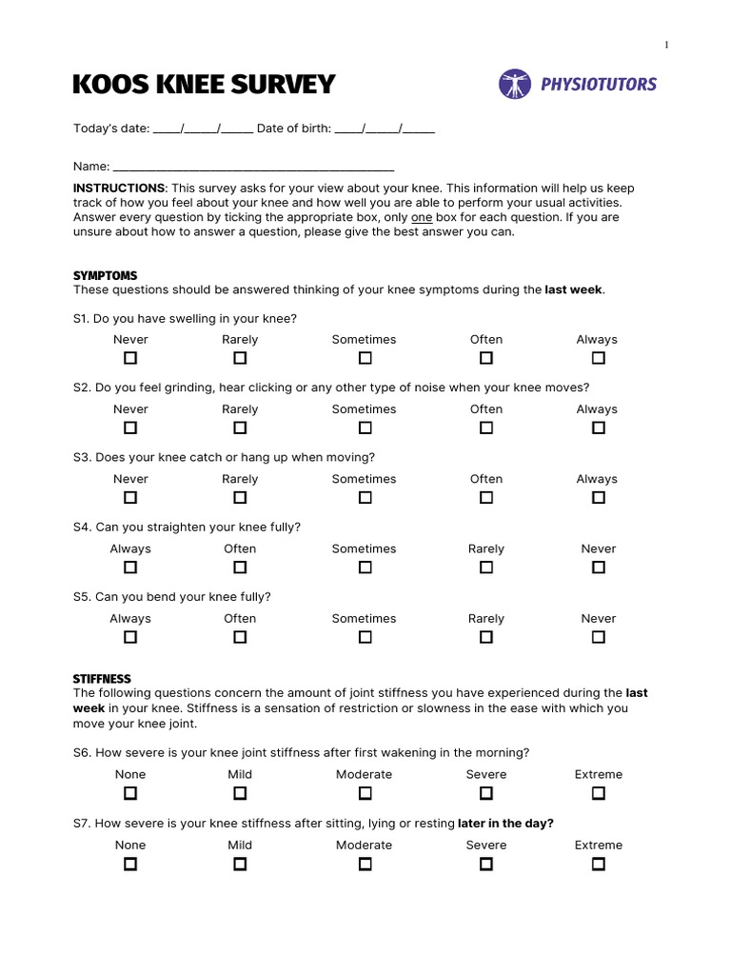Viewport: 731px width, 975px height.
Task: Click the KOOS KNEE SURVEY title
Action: pos(204,85)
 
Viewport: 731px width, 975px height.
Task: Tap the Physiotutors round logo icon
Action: pos(514,84)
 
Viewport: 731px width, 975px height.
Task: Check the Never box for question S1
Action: pos(130,358)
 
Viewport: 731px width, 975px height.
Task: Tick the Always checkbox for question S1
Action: pos(598,358)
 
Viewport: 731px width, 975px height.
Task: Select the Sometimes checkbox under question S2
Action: pos(365,428)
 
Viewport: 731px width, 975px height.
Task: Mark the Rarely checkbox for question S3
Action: pos(240,497)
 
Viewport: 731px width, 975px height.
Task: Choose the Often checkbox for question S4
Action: pos(240,567)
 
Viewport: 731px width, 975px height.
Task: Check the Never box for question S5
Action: pos(598,637)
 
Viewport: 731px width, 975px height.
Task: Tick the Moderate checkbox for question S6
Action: pos(365,793)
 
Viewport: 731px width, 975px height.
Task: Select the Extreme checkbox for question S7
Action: pos(598,864)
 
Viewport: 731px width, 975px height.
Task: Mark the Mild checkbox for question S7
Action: pos(240,864)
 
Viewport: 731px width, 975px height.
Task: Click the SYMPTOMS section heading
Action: pos(105,276)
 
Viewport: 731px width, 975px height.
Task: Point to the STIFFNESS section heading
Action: pos(102,679)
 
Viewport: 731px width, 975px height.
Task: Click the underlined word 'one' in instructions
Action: pos(422,217)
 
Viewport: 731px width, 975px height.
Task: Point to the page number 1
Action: pos(666,45)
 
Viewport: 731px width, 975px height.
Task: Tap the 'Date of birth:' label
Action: pos(293,129)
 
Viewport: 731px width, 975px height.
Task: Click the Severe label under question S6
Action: pos(485,774)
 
